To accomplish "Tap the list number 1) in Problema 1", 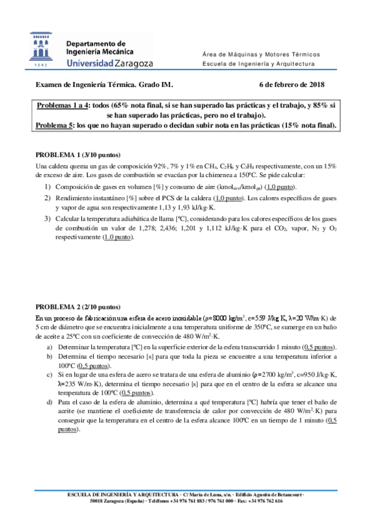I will tap(48, 187).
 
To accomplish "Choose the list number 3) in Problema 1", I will tap(48, 218).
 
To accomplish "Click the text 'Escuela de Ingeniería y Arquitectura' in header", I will tap(259, 63).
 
